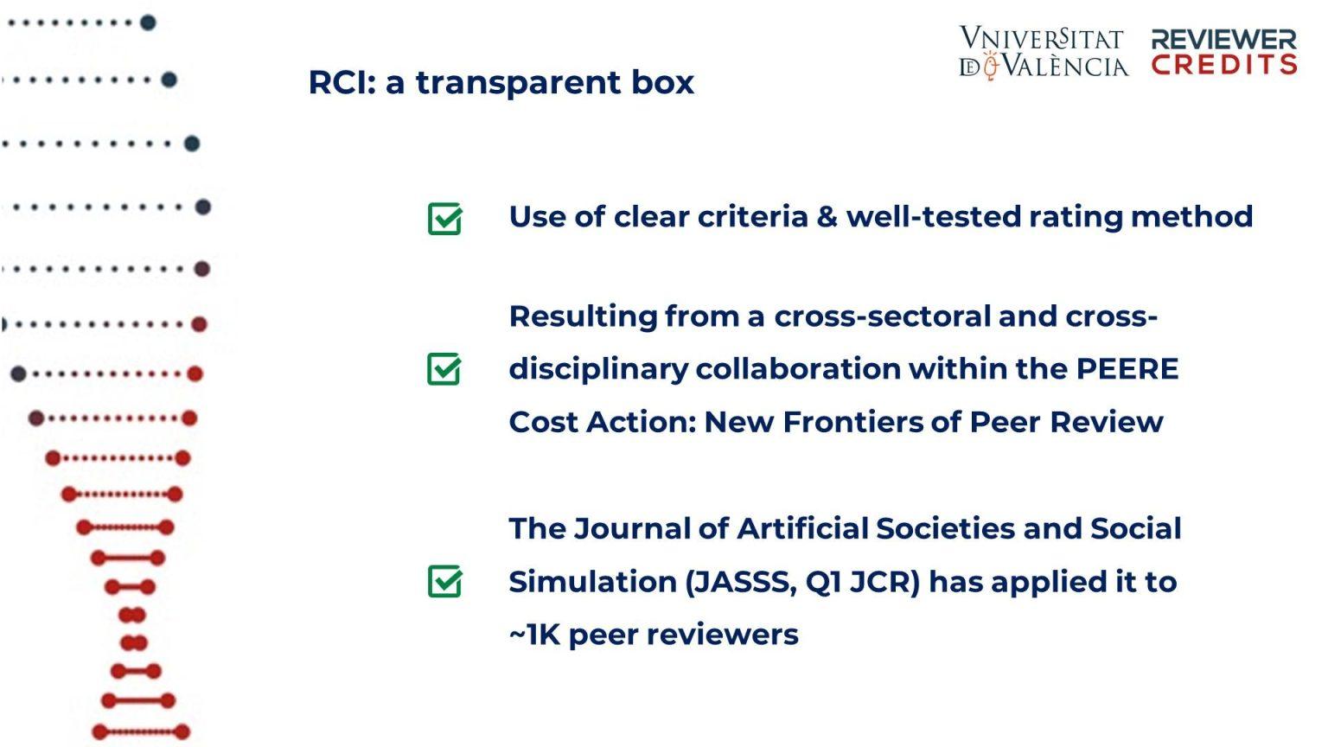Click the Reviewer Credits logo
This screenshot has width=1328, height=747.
pyautogui.click(x=1224, y=52)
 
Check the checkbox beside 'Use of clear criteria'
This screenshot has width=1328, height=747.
pyautogui.click(x=444, y=219)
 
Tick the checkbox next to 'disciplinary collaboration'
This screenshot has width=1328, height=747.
pyautogui.click(x=444, y=369)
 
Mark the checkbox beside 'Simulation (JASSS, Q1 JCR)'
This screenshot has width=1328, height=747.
pyautogui.click(x=444, y=581)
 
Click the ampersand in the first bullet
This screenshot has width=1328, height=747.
pyautogui.click(x=827, y=216)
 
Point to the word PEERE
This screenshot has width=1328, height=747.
pyautogui.click(x=1127, y=369)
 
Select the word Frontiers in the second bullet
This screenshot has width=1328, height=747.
pyautogui.click(x=852, y=422)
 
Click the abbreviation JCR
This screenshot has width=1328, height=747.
pyautogui.click(x=884, y=582)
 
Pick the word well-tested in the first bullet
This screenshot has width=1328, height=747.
pyautogui.click(x=933, y=216)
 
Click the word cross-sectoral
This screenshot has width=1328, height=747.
pyautogui.click(x=883, y=316)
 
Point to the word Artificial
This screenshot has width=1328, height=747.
pyautogui.click(x=802, y=528)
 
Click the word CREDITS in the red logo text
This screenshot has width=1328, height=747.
pyautogui.click(x=1224, y=64)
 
